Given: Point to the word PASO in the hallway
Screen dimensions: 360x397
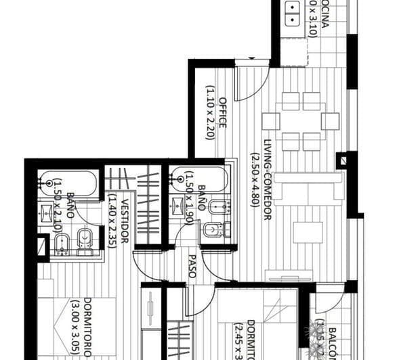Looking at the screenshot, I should [192, 266].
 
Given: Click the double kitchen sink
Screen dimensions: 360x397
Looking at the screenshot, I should [293, 15].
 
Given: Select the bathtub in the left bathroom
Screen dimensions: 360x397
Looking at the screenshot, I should [69, 183].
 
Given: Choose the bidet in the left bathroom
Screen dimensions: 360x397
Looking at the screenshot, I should [61, 244].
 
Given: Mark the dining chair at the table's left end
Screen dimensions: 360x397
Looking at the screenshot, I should [271, 121].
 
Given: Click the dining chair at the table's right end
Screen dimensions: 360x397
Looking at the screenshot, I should [330, 121].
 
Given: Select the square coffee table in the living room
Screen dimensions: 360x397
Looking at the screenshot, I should [308, 232].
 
